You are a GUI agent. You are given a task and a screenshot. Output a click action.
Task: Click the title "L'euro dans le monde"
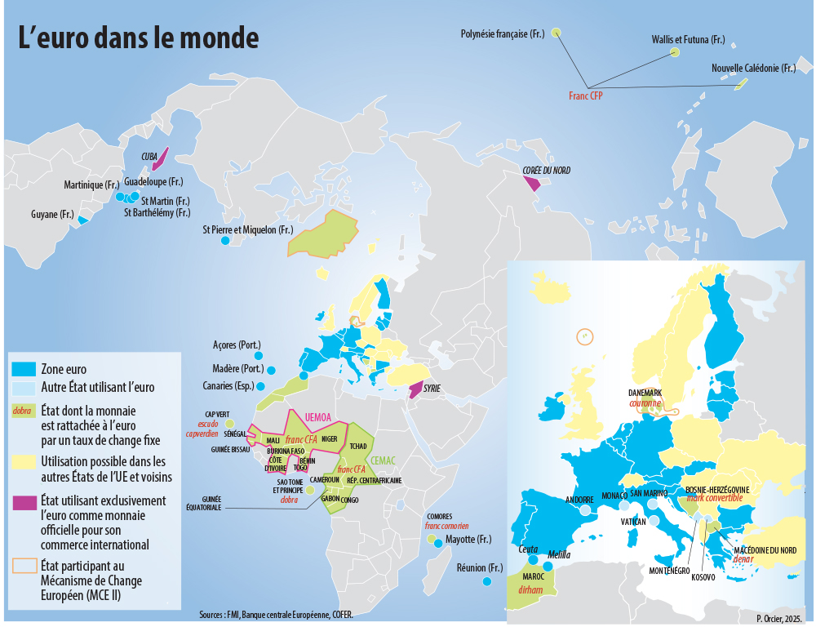point(139,38)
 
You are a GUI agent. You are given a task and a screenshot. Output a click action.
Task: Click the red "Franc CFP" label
point(591,96)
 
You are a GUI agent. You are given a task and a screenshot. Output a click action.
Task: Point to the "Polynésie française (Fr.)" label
point(502,33)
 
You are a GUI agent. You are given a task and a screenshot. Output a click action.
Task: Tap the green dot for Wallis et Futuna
point(675,52)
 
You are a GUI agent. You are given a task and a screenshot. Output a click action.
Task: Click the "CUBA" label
point(149,155)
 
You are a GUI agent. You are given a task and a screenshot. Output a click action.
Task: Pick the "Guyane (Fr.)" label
point(51,215)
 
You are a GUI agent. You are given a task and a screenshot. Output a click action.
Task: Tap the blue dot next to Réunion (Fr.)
point(487,581)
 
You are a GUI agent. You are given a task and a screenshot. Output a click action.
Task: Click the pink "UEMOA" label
point(320,417)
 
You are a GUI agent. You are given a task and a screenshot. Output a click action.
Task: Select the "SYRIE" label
point(432,389)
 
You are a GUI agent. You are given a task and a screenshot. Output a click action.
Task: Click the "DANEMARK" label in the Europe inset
point(645,393)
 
